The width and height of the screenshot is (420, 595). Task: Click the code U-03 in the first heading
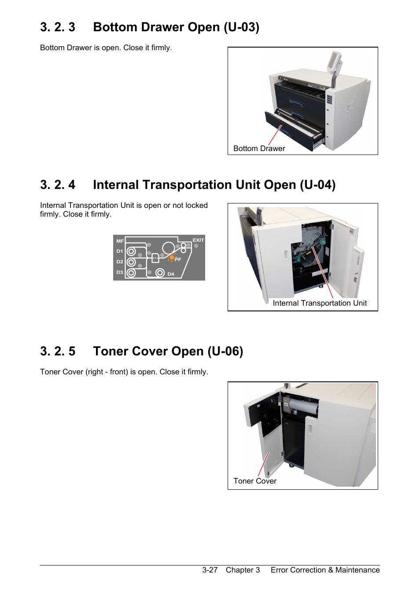pos(242,27)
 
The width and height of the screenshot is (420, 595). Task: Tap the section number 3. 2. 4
pos(58,185)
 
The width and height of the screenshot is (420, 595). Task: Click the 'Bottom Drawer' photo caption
pos(259,148)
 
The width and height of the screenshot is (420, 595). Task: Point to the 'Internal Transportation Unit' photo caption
pos(320,303)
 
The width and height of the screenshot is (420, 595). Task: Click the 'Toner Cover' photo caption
pos(254,481)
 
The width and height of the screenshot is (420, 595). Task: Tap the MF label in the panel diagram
pos(120,241)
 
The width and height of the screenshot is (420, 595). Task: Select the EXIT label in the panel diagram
pos(198,240)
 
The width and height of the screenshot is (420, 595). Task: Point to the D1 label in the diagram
pos(120,251)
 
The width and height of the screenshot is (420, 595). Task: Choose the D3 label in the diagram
pos(120,272)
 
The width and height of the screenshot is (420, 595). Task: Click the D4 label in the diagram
pos(171,274)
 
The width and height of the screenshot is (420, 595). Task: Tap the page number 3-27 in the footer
pos(210,570)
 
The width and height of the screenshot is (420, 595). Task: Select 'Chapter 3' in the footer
pos(243,570)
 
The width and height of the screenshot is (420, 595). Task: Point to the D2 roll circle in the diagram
pos(131,262)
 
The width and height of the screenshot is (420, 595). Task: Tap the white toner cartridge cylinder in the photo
pos(303,407)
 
